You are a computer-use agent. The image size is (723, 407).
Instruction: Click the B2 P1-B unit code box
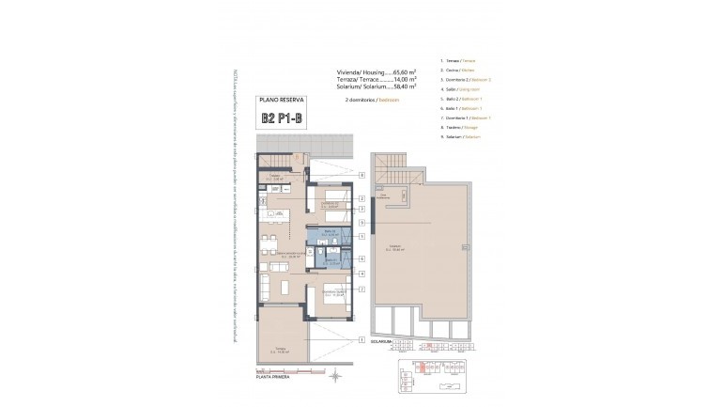[283, 119]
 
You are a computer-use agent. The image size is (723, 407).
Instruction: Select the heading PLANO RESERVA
[283, 99]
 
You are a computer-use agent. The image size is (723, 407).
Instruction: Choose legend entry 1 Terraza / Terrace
[461, 60]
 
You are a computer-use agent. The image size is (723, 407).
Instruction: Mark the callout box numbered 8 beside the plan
[361, 176]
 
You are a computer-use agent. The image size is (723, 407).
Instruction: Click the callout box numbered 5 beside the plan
[361, 223]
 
